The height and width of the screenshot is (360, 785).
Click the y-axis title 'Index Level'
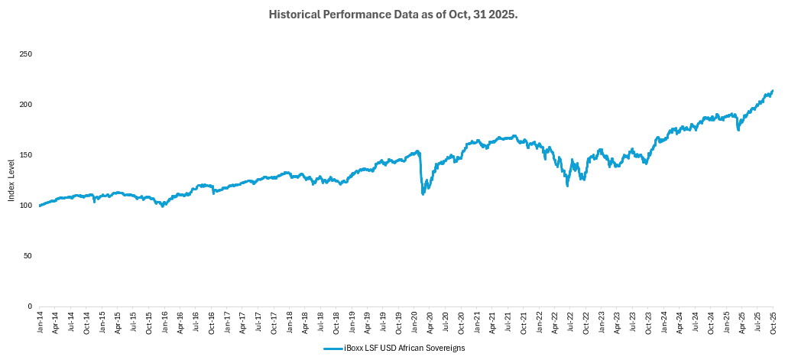[x=11, y=180]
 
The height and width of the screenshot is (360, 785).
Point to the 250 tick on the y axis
[x=26, y=54]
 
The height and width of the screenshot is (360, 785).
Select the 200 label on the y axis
[x=26, y=105]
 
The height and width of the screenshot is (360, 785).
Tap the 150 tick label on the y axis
[x=26, y=155]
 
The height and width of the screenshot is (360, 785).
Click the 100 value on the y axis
[x=26, y=206]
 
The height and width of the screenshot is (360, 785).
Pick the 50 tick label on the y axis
[x=28, y=256]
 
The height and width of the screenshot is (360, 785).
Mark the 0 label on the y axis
[x=30, y=306]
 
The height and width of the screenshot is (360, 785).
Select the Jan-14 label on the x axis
[x=40, y=323]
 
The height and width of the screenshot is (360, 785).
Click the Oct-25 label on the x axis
[x=773, y=323]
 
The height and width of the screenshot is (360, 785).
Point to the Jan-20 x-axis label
[x=414, y=323]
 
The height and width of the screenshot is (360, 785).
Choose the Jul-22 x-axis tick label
[x=570, y=323]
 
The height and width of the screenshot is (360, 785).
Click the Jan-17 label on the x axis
[x=227, y=323]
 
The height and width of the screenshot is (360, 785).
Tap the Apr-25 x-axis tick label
[x=742, y=323]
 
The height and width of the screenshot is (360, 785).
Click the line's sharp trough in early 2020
[x=423, y=194]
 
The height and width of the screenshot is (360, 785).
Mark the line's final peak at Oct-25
[x=773, y=91]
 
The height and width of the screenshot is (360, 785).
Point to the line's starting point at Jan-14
[x=40, y=206]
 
